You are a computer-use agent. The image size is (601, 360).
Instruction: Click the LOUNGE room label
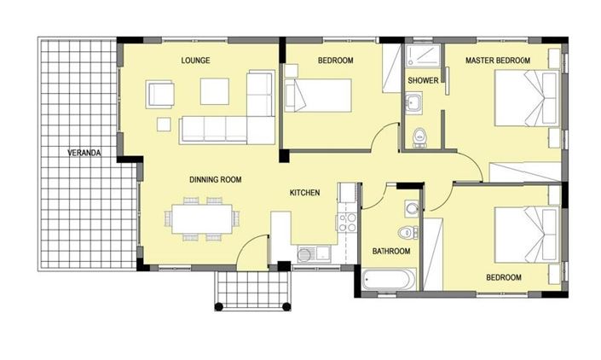[x=195, y=61]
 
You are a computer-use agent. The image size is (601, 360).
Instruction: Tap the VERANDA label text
[x=84, y=154]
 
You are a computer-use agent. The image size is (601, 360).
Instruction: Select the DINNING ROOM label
[x=215, y=180]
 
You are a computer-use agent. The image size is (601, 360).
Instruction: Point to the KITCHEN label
[x=304, y=193]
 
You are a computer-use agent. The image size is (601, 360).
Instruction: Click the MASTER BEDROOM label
[x=498, y=61]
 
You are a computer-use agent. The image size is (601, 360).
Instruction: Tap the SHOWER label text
[x=422, y=81]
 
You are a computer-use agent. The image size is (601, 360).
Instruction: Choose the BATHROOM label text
[x=391, y=252]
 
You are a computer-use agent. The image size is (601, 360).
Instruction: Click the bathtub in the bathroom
[x=389, y=280]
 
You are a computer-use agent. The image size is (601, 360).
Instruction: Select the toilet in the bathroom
[x=407, y=232]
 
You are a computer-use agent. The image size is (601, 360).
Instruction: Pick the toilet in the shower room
[x=419, y=136]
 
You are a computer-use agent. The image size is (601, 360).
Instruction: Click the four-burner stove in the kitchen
[x=347, y=223]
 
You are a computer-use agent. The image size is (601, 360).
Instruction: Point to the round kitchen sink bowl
[x=304, y=253]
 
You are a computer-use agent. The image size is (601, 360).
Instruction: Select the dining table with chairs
[x=201, y=218]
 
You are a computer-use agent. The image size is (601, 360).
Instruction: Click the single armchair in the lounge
[x=159, y=93]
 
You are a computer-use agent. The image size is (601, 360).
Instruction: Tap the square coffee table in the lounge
[x=215, y=91]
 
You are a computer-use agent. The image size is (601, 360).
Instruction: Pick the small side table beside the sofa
[x=164, y=124]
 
